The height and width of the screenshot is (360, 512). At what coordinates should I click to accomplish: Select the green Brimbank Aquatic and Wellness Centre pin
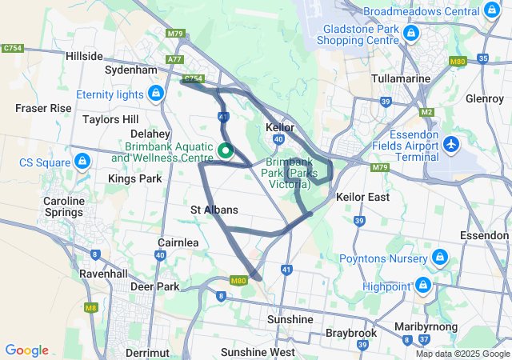coord(226,150)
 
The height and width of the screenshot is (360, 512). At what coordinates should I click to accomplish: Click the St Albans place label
coord(214,210)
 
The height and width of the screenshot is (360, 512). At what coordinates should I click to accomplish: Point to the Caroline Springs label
coord(64,206)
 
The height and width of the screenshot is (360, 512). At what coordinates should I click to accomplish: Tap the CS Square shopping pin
coord(81,162)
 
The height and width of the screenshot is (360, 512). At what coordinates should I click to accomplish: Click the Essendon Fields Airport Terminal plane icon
coord(451,145)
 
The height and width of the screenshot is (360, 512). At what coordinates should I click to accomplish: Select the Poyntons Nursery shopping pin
coord(438,257)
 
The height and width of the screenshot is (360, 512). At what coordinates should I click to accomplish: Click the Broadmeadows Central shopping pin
coord(490,12)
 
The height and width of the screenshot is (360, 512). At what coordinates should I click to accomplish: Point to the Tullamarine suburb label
coord(402,79)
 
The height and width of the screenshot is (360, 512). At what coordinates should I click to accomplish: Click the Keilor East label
coord(362,197)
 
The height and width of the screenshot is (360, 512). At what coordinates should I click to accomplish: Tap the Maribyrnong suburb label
coord(426,327)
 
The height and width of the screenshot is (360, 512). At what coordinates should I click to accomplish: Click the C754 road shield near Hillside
coord(12,49)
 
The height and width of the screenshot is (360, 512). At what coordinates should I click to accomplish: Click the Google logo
coord(26,350)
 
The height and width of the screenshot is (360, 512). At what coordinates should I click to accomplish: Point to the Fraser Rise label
coord(43,107)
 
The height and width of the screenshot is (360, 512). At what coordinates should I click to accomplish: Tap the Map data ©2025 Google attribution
coord(462,354)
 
